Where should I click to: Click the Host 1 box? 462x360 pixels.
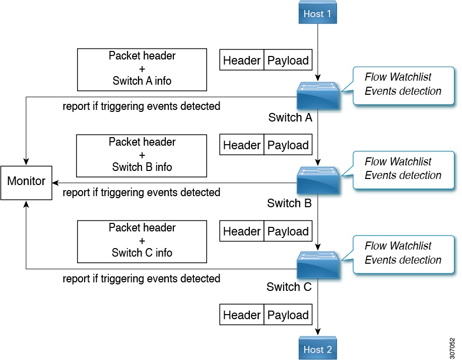click(x=317, y=13)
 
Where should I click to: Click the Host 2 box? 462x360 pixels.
click(x=317, y=349)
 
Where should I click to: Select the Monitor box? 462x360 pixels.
click(x=26, y=181)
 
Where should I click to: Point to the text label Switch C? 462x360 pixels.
click(x=289, y=287)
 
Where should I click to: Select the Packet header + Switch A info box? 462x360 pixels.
click(x=142, y=69)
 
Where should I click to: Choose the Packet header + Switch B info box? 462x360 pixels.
click(x=142, y=155)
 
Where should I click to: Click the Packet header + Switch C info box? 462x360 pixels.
click(x=142, y=241)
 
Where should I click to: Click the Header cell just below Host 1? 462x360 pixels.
click(x=242, y=61)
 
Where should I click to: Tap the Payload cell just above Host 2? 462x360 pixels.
click(x=288, y=315)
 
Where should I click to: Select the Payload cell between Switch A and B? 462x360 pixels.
click(x=288, y=145)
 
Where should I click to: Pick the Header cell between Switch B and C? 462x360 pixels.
click(x=242, y=231)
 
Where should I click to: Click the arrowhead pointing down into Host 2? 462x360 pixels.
click(x=318, y=332)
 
